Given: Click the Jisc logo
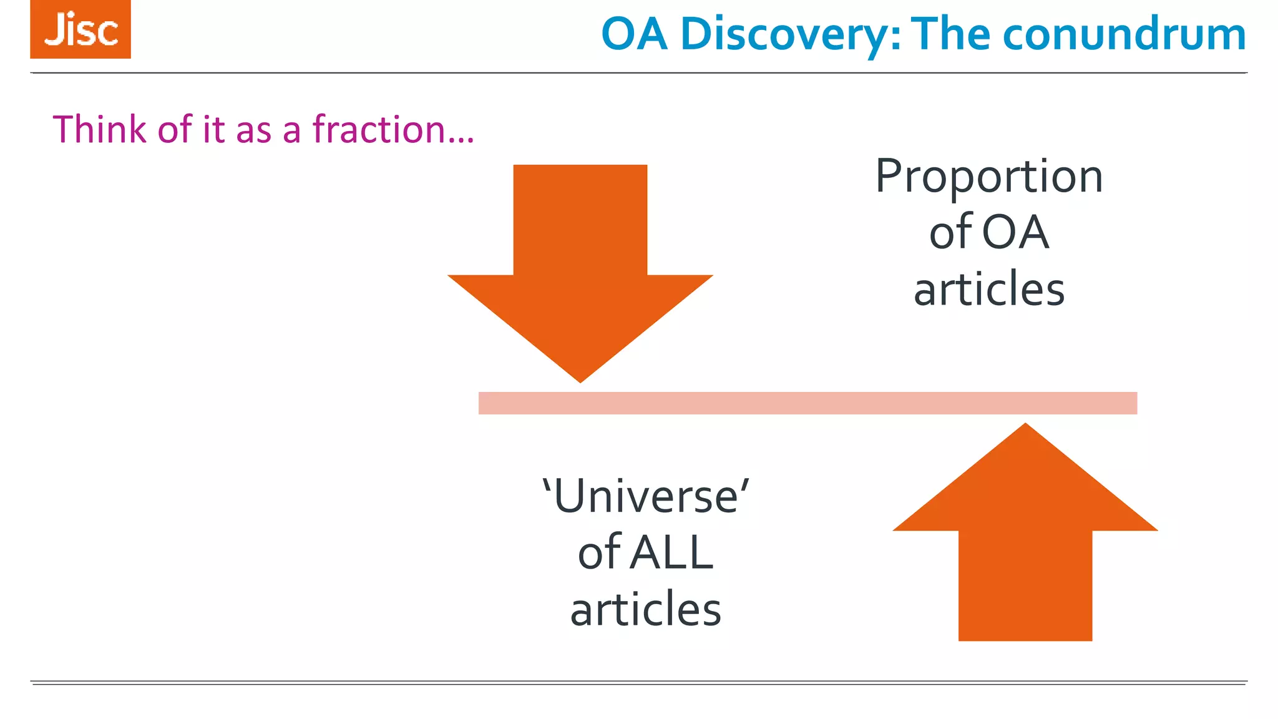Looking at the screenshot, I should click(80, 29).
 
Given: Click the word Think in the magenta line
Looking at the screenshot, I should click(100, 129).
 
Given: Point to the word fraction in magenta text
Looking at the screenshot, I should click(378, 129).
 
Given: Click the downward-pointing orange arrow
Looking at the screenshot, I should click(580, 262).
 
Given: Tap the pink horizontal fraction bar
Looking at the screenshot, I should click(807, 403).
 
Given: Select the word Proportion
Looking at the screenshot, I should click(989, 177).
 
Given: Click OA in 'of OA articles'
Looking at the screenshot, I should click(1015, 233).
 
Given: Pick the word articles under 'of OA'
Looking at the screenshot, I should click(989, 290).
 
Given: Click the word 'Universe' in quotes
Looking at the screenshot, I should click(646, 497).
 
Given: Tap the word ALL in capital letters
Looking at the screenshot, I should click(672, 553).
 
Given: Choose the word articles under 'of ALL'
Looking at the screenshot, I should click(646, 609).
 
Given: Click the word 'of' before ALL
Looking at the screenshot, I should click(599, 553).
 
